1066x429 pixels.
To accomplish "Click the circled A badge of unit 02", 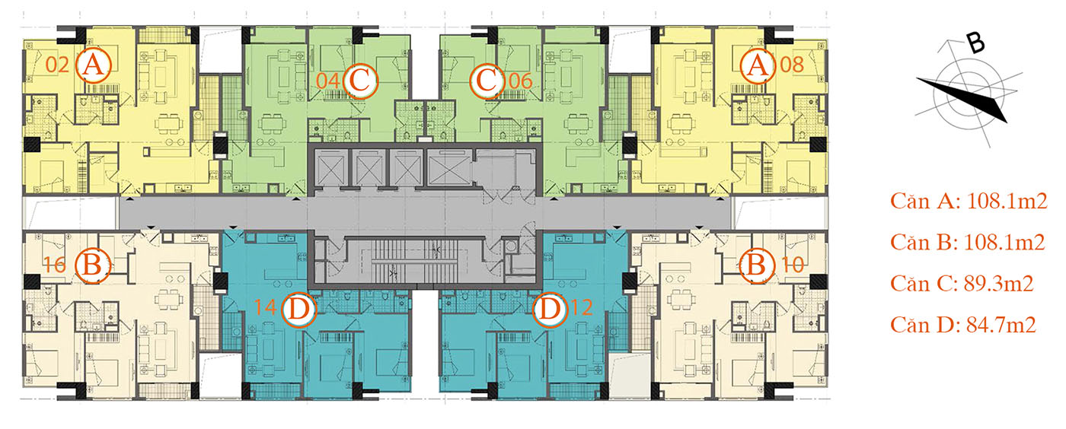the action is pos(93,65).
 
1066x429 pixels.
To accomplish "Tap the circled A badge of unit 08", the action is pos(758,65).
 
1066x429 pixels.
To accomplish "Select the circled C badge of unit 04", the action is pos(359,81).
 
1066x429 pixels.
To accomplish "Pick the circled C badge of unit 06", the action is pos(487,80).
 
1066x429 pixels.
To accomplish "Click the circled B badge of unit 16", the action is pos(93,265).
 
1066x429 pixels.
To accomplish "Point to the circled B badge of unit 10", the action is pos(757,265).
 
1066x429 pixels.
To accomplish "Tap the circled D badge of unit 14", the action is pos(298,309).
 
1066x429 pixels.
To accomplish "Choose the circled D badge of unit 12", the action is pos(550,309).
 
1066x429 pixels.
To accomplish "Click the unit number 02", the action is pos(58,65).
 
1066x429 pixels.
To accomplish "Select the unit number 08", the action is pos(792,65).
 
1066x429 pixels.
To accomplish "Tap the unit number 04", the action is pos(328,81).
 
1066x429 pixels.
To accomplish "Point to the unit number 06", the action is pos(521,81).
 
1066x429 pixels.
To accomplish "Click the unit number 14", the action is pos(265,307).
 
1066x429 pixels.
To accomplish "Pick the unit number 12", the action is pos(581,307).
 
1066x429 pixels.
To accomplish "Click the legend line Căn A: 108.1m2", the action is pos(969,201).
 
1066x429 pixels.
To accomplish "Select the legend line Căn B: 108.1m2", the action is pos(968,242).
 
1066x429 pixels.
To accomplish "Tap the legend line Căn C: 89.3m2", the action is pos(962,284).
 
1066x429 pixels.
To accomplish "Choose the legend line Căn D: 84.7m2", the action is pos(963,325).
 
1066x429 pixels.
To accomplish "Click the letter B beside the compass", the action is pos(975,44).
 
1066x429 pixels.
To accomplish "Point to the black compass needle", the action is pos(961,99).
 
